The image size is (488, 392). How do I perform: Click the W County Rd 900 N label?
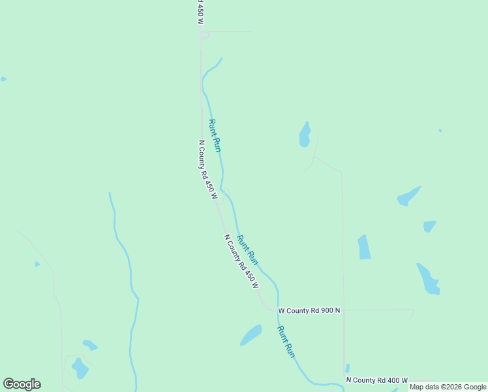309,310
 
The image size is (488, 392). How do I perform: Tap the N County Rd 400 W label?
376,380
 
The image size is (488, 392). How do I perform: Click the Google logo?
22,384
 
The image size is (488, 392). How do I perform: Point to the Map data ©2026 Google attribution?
448,387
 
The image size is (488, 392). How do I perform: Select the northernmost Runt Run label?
215,135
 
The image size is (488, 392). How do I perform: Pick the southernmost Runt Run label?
286,341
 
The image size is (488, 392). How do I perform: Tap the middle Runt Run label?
247,250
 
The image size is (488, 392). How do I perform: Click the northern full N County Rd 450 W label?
207,169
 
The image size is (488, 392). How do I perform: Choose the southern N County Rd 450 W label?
241,262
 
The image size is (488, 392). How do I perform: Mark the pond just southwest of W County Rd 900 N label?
251,335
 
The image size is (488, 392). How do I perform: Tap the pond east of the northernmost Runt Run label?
305,135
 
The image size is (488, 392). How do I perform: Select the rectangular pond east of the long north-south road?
364,247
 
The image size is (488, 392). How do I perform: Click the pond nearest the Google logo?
80,368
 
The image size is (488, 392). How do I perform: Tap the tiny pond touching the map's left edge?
3,79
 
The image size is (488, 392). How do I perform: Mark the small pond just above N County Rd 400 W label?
348,368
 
